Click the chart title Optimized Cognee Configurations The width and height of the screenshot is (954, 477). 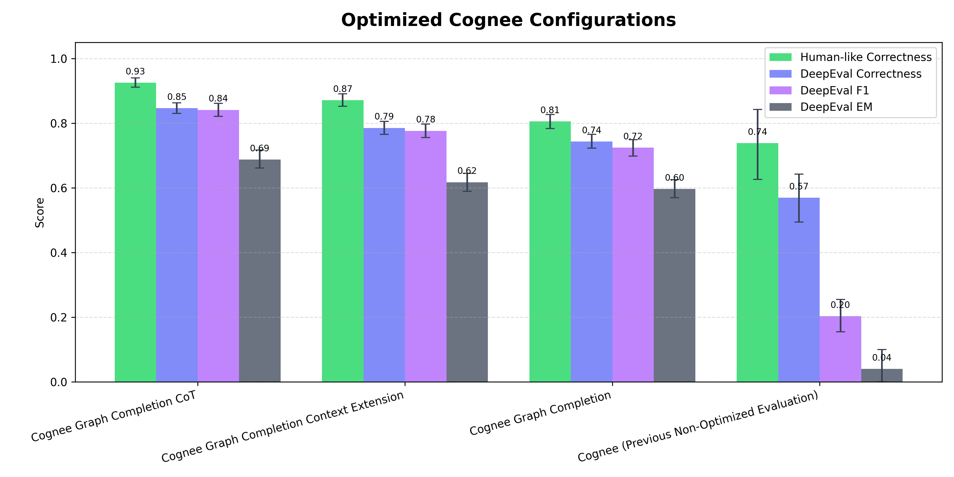click(508, 20)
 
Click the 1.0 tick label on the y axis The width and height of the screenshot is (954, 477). click(59, 59)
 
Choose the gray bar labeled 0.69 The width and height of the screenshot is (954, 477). click(260, 270)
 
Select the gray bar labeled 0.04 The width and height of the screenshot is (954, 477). click(882, 375)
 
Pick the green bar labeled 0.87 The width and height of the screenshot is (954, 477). click(343, 241)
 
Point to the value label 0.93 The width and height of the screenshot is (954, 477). click(135, 72)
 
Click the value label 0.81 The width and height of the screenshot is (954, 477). click(550, 110)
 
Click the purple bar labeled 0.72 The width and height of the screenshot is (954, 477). click(633, 264)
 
